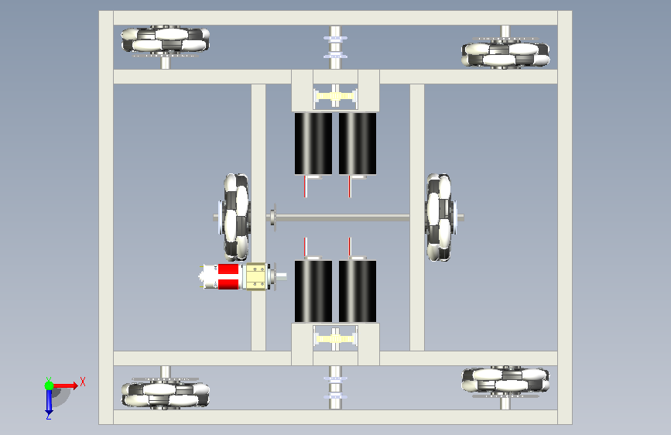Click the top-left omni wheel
(165, 39)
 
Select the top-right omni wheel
(505, 54)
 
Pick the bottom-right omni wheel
(505, 379)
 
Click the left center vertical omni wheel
(236, 217)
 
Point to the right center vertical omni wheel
(439, 217)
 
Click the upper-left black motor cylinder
(313, 143)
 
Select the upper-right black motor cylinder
(358, 143)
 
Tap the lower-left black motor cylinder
(313, 291)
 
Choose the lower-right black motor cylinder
(358, 291)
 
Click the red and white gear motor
(241, 276)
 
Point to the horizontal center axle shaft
(342, 218)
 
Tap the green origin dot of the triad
(49, 385)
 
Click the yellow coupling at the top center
(336, 96)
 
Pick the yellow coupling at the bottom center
(336, 339)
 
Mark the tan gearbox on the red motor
(256, 276)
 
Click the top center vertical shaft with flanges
(336, 47)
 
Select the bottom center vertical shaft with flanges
(336, 388)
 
